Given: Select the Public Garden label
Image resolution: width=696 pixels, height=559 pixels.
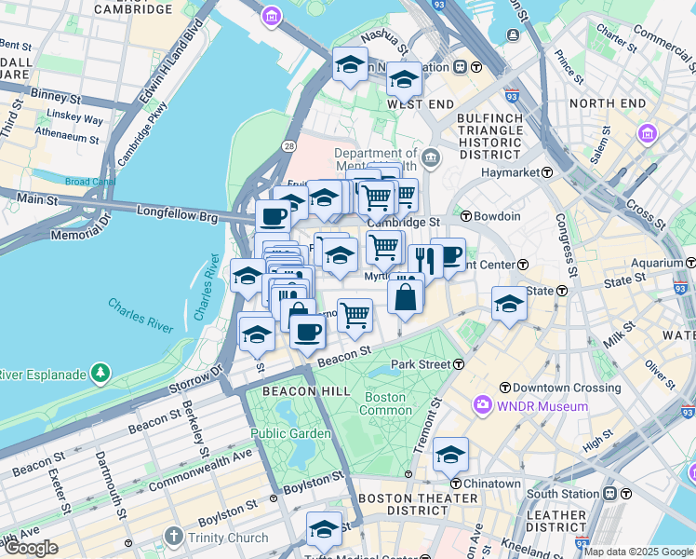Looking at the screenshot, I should [x=290, y=433].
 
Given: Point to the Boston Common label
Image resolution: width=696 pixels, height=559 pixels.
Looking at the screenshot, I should [x=385, y=403].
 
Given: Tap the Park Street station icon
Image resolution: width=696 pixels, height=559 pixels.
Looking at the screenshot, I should [x=459, y=363].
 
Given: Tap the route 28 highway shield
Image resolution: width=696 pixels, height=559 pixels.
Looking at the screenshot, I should [x=290, y=146].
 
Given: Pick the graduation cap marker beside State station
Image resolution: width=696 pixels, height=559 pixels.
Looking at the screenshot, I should [x=509, y=304].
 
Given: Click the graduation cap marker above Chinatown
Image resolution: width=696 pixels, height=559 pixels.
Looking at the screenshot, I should [x=451, y=454].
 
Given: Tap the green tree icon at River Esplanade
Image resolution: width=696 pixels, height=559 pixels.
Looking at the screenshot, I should [x=100, y=375].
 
